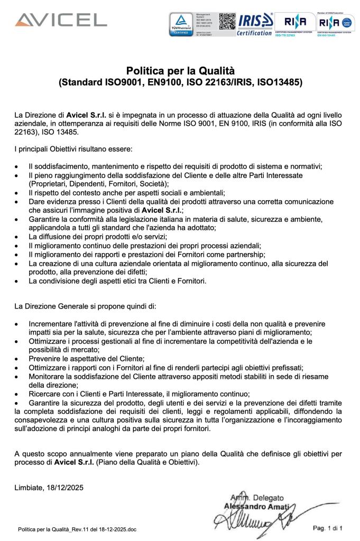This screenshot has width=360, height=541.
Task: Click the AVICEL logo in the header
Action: coord(60,21)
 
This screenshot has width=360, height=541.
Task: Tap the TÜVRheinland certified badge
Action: coord(181,25)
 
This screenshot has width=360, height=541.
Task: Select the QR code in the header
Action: coord(226,20)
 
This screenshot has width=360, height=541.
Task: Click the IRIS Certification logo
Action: coord(255,25)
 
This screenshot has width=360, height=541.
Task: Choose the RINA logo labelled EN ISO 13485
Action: coord(335,24)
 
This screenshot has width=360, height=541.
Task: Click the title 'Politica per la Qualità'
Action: coord(180,71)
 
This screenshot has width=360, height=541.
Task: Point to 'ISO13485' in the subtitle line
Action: coord(279,82)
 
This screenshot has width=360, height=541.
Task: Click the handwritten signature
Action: coord(254,520)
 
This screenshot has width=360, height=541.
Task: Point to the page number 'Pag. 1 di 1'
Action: coord(328,527)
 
